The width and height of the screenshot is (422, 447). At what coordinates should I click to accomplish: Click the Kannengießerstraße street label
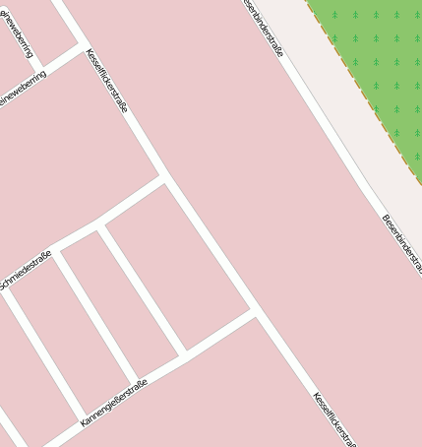pos(114,402)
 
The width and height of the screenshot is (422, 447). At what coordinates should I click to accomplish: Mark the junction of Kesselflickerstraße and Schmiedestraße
pos(164,178)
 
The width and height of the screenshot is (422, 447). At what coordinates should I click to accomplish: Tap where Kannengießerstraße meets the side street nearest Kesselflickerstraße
pos(184,351)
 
